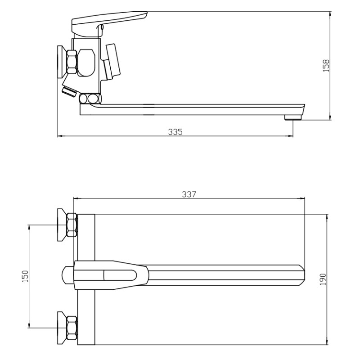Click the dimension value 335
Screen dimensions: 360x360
[175, 132]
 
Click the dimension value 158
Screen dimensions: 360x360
[326, 66]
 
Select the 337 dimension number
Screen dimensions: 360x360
[189, 194]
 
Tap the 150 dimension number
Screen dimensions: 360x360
[25, 276]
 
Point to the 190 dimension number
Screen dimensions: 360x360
[323, 279]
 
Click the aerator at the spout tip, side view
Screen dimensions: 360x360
[293, 118]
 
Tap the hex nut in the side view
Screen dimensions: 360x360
[72, 62]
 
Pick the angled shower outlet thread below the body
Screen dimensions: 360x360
[69, 92]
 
